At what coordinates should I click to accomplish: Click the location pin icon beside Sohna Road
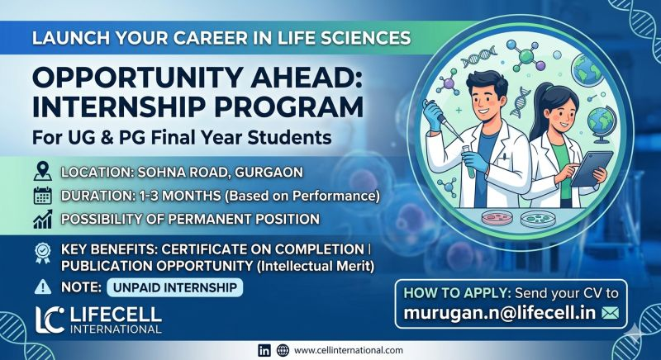pyautogui.click(x=43, y=173)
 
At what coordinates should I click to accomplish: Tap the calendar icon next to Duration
pyautogui.click(x=43, y=197)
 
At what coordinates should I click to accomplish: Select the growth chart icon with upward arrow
pyautogui.click(x=43, y=220)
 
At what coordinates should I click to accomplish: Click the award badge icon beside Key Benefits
pyautogui.click(x=43, y=250)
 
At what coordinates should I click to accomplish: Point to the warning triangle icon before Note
pyautogui.click(x=43, y=288)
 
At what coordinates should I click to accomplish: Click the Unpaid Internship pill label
pyautogui.click(x=174, y=288)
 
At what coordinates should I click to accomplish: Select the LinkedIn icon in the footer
pyautogui.click(x=264, y=349)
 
